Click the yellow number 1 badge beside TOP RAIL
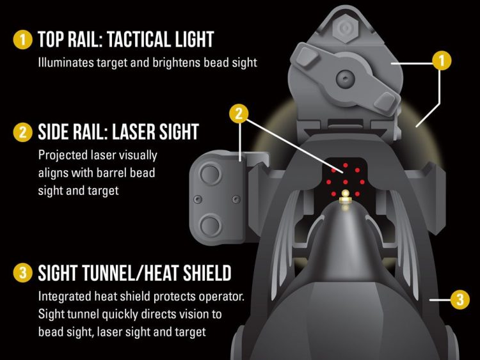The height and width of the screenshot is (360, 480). click(22, 40)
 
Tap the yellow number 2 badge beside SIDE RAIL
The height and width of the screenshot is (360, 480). click(22, 132)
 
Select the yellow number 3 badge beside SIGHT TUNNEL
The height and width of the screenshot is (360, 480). click(22, 273)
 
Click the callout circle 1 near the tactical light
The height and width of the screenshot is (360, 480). click(442, 61)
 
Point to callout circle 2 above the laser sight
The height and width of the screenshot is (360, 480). click(239, 113)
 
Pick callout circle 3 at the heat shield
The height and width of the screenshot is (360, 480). click(460, 299)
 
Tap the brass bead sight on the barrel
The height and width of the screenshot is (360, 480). click(346, 196)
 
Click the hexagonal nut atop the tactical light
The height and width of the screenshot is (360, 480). click(345, 28)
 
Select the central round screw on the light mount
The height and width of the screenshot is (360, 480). click(346, 79)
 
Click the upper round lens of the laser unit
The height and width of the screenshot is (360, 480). click(210, 174)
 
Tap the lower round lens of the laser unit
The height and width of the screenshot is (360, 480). click(210, 226)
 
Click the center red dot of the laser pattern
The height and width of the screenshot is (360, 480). click(346, 182)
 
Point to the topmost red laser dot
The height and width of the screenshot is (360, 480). click(346, 166)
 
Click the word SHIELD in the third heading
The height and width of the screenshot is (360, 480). click(207, 273)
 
